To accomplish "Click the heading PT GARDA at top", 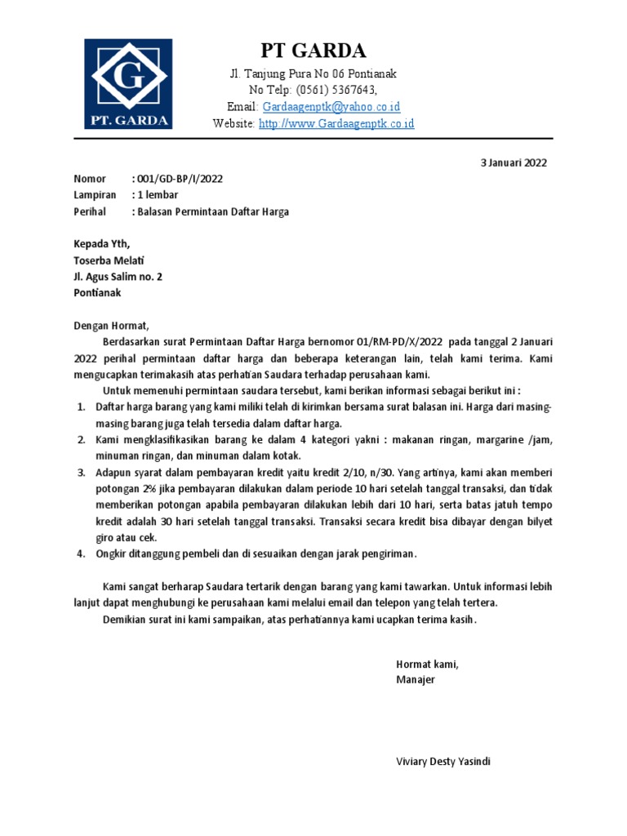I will click(x=313, y=51).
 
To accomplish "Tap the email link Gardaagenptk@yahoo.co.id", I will click(x=331, y=107).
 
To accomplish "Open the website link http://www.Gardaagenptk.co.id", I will click(x=336, y=123).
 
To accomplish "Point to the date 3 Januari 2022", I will click(x=513, y=162).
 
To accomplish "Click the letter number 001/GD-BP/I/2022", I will click(x=176, y=179).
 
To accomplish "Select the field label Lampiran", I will click(x=95, y=195).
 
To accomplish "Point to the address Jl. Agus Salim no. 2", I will click(x=118, y=277).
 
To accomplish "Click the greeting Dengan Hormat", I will click(x=113, y=325).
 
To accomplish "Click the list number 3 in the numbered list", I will click(x=81, y=473).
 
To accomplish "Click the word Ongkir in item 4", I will click(x=112, y=554).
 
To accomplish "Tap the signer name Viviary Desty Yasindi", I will click(x=443, y=762).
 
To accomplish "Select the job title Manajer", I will click(x=416, y=680).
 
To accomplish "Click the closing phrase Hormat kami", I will click(x=428, y=664).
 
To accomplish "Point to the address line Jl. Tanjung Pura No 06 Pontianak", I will click(x=313, y=73).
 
